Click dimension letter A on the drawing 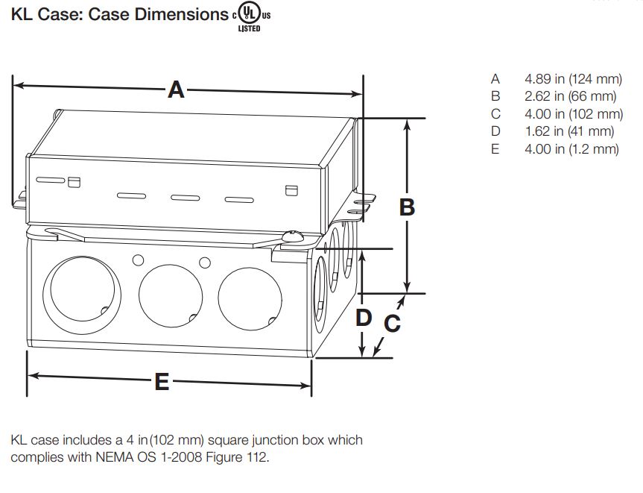coord(176,90)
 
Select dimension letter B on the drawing coord(407,207)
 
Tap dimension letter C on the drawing coord(392,324)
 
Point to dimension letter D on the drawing coord(363,318)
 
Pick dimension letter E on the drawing coord(162,383)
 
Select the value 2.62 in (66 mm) coord(570,96)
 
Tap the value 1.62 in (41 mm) coord(569,131)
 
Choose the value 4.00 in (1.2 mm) coord(571,149)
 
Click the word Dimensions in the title coord(180,15)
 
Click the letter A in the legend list coord(495,78)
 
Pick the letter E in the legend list coord(495,149)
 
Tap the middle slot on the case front coord(186,198)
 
